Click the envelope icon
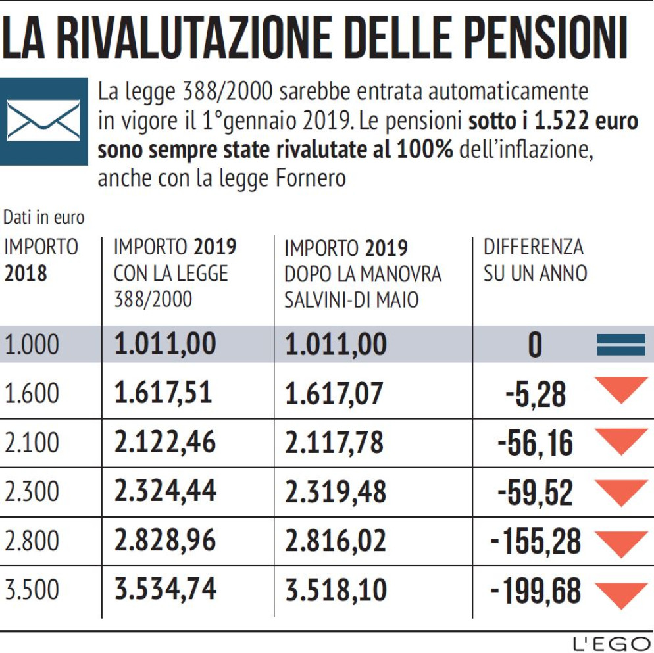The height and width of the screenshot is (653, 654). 43,121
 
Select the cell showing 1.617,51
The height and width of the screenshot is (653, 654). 163,393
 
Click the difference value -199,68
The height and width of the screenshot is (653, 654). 536,591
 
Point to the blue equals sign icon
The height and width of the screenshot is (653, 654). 620,345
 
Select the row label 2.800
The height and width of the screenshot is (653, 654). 32,541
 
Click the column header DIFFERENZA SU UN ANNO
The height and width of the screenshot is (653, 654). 534,260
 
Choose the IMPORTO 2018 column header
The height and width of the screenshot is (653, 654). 41,260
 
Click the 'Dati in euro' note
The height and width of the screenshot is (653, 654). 44,216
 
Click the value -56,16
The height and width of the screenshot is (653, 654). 535,443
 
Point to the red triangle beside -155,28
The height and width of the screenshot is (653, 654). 620,542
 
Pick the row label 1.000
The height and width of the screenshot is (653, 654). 32,345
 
